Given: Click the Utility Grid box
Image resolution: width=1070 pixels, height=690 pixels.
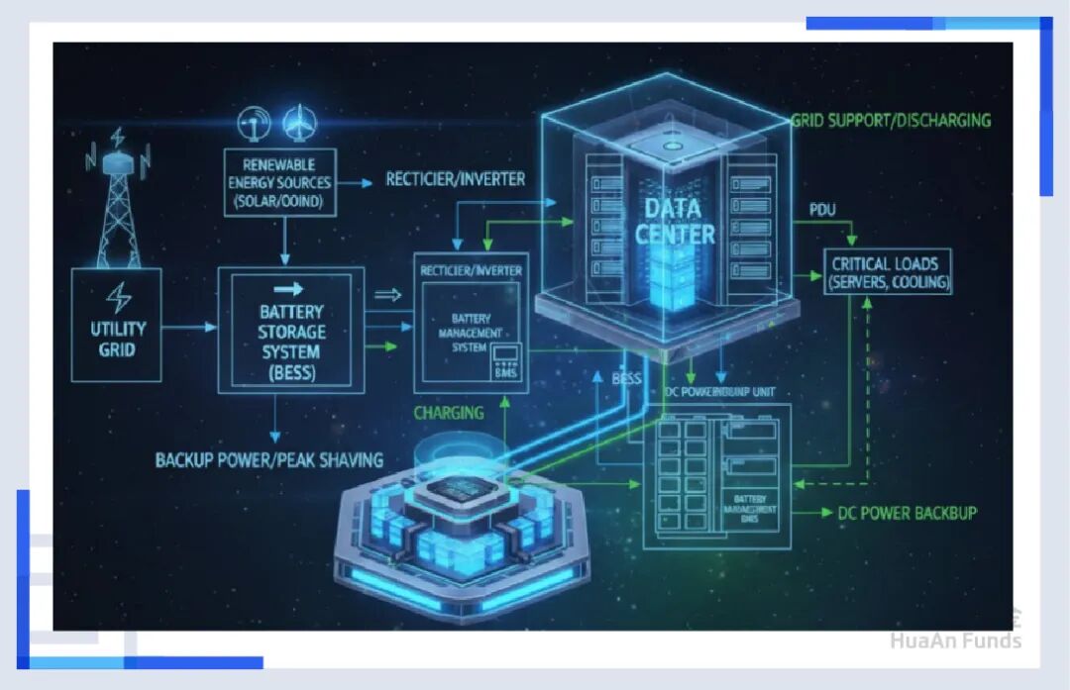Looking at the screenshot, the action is (117, 325).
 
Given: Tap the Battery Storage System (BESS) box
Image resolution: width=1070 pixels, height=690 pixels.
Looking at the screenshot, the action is (290, 331).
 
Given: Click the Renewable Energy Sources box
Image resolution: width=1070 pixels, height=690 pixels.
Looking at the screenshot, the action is (280, 183).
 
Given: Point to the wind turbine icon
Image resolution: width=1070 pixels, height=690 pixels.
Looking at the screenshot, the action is (295, 123).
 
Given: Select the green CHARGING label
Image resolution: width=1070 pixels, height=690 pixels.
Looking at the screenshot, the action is (449, 413).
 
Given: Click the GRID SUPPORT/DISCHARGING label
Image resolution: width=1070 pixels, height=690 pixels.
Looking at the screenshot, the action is (891, 121).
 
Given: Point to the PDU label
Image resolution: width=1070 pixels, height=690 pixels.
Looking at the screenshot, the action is (823, 210).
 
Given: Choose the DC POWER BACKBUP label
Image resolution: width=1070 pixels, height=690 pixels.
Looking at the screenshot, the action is (908, 513).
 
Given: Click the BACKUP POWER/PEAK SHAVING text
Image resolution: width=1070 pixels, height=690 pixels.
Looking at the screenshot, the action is (269, 460).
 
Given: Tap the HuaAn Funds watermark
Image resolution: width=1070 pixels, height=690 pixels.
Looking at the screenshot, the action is (954, 640).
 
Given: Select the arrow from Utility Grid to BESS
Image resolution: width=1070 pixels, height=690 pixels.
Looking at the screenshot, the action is (188, 326).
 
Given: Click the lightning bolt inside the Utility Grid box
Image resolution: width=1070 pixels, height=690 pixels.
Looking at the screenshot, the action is (118, 298).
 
